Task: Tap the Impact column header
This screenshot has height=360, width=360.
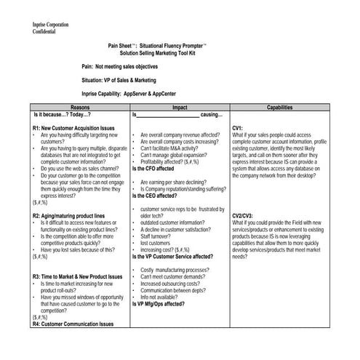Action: pos(180,107)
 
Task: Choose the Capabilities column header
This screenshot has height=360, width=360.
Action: pos(279,107)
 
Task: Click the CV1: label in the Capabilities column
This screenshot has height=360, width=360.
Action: pos(238,128)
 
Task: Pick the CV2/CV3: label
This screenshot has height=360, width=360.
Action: pos(243,216)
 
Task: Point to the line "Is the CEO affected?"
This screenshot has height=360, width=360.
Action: pos(160,196)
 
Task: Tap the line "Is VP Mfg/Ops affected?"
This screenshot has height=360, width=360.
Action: pos(163,304)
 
